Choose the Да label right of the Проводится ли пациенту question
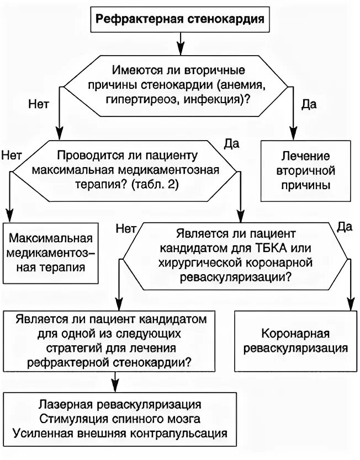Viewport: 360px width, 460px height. [232, 144]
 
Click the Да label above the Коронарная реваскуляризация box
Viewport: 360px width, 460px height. [345, 226]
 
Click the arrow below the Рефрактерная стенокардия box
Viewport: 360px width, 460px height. [180, 41]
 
